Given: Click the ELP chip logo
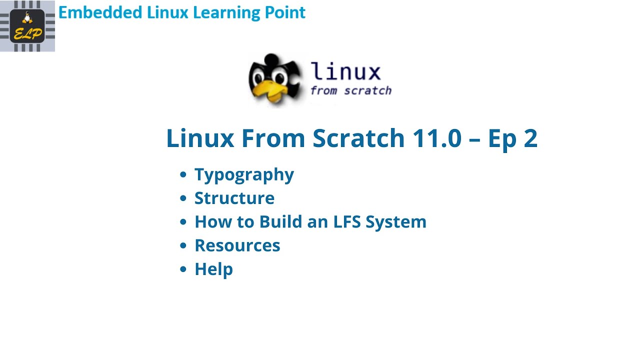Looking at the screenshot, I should pyautogui.click(x=27, y=26).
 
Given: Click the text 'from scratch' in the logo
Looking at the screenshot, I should pyautogui.click(x=350, y=91).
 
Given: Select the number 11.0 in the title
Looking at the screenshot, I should pyautogui.click(x=436, y=138).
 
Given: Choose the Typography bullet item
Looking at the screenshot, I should pyautogui.click(x=244, y=175).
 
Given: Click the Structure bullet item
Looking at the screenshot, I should pyautogui.click(x=234, y=198).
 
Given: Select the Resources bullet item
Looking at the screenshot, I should pyautogui.click(x=237, y=245).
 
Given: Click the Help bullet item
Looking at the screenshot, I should pyautogui.click(x=213, y=269).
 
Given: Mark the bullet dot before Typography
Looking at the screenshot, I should pyautogui.click(x=183, y=174).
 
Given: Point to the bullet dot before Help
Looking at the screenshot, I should pyautogui.click(x=183, y=269).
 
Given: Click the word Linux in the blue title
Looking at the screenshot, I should pyautogui.click(x=200, y=138).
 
